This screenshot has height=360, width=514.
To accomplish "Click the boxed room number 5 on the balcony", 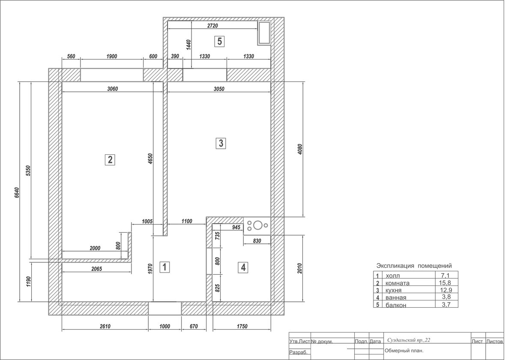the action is [x=219, y=42].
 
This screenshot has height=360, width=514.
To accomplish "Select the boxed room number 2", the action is [x=110, y=160].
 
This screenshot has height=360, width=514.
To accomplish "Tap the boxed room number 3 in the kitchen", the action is [x=221, y=143].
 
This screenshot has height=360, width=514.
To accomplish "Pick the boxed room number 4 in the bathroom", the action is [x=243, y=267].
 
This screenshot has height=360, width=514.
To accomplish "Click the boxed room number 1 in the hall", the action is [x=164, y=267].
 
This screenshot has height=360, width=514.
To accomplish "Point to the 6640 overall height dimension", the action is [x=17, y=192].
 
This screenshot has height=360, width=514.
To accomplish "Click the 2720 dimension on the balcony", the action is [x=212, y=26].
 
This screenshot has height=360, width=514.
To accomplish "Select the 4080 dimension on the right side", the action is [x=300, y=149].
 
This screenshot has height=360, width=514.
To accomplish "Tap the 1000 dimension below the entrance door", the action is [x=164, y=326].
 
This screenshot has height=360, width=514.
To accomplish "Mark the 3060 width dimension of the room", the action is [x=112, y=89].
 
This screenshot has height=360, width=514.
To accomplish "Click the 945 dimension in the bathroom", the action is [x=236, y=227].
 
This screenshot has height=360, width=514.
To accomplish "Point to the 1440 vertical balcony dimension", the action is [x=188, y=45].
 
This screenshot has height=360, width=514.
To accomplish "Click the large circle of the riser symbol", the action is [x=258, y=225].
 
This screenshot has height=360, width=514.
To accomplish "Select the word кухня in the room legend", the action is [x=394, y=290].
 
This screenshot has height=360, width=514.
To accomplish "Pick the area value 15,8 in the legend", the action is [x=445, y=283].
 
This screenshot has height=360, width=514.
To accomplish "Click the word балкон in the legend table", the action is [x=396, y=305].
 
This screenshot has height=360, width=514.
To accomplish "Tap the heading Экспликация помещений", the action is [x=414, y=266].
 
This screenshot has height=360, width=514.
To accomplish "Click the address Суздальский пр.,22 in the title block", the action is [x=409, y=340].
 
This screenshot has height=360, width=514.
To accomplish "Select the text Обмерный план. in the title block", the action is [x=404, y=351].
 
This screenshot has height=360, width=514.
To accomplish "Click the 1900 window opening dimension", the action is [x=112, y=56].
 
